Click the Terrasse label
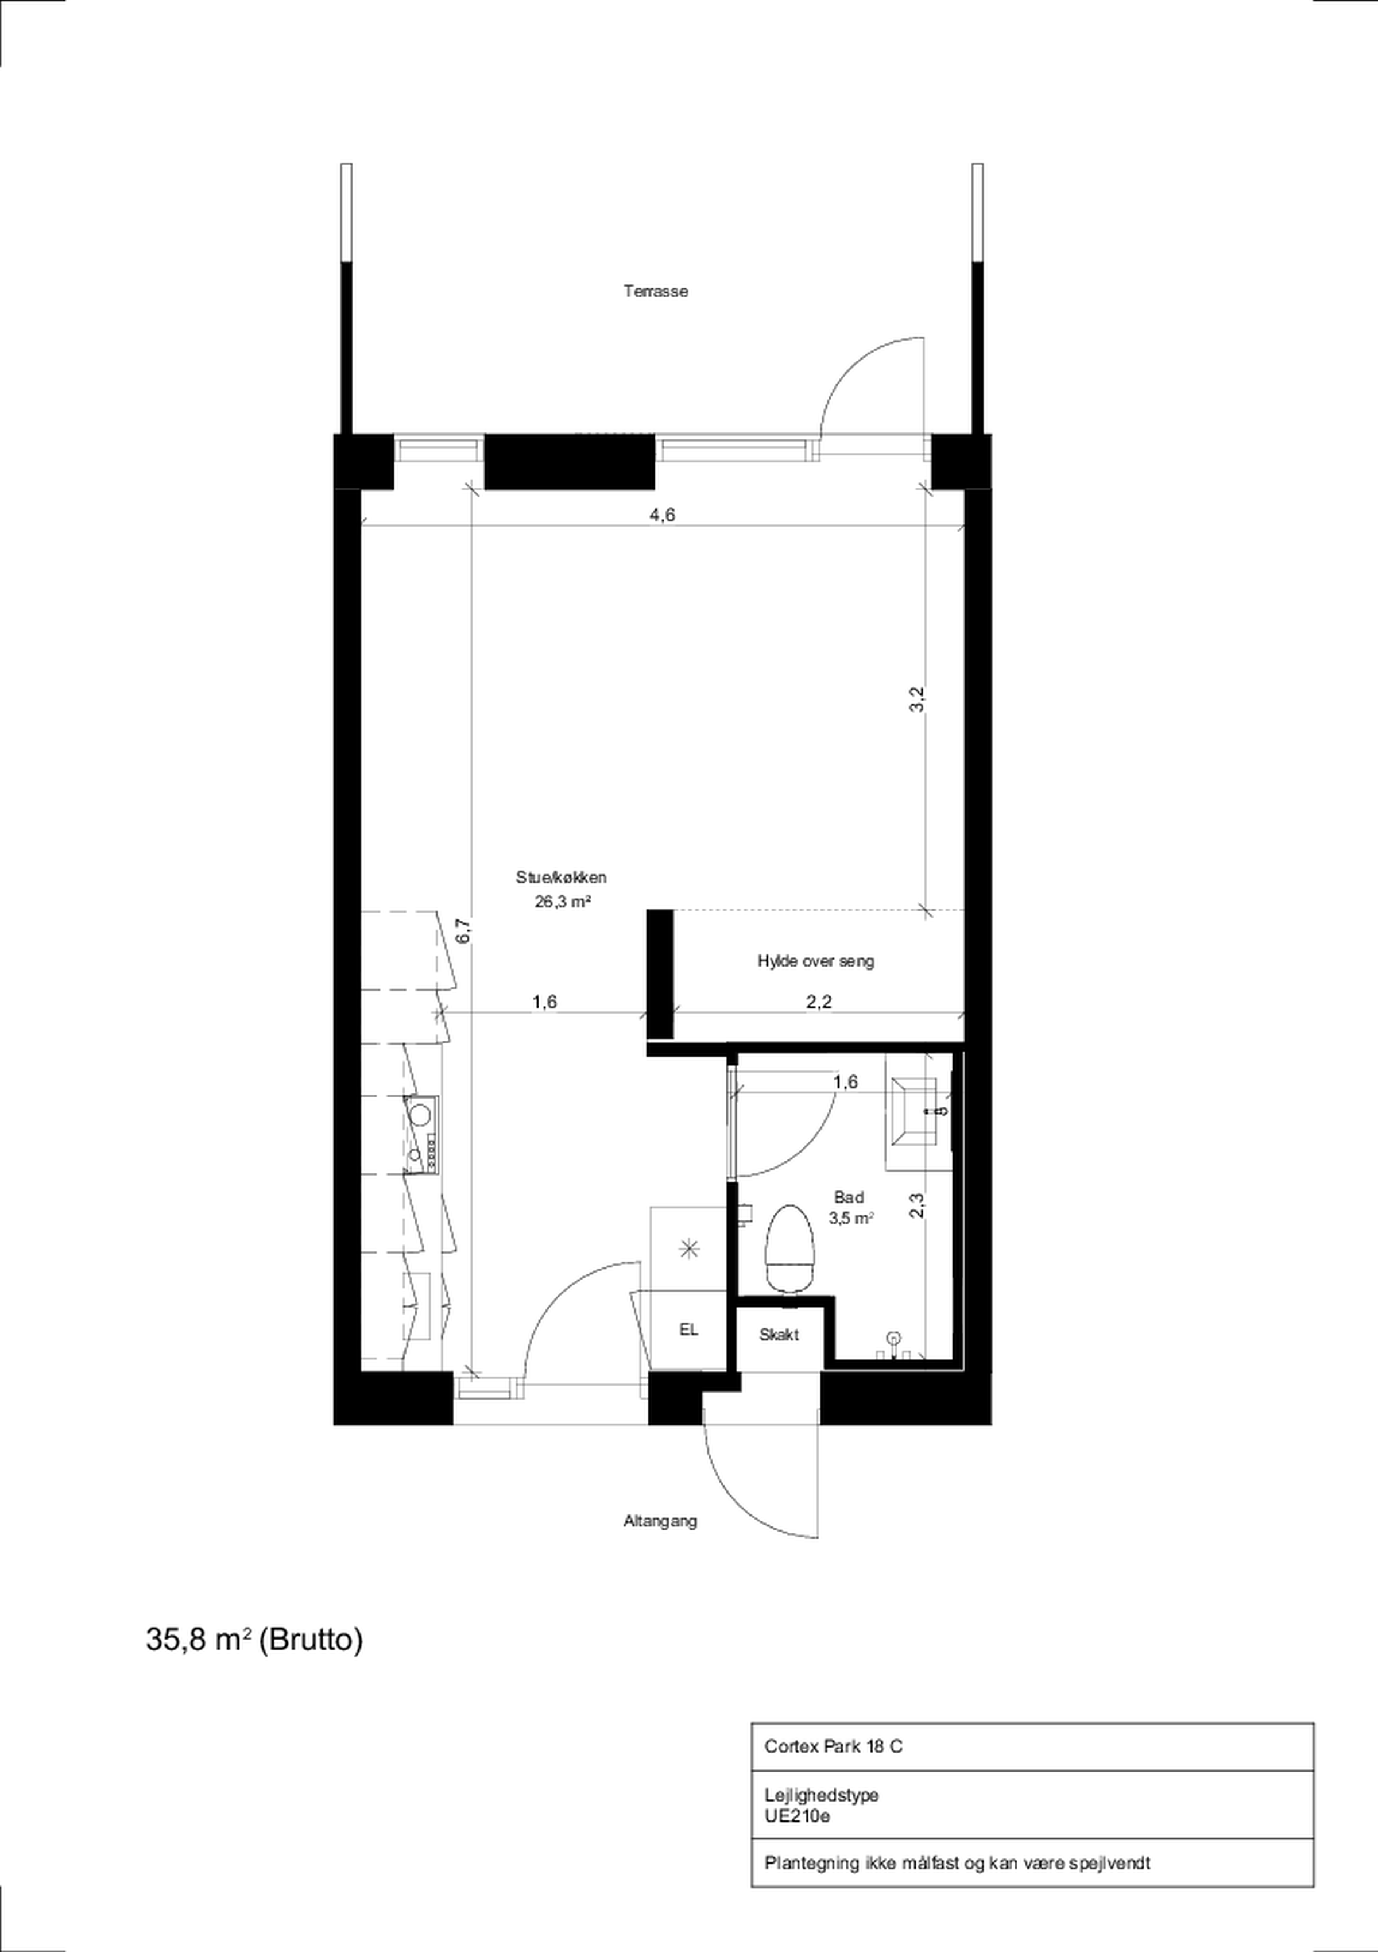click(656, 292)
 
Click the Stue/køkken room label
click(561, 878)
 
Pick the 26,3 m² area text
click(563, 902)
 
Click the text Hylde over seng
click(815, 961)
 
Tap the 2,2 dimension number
click(819, 1002)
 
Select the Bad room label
click(849, 1197)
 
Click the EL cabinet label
click(688, 1329)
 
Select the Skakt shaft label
click(779, 1335)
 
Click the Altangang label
click(660, 1521)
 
